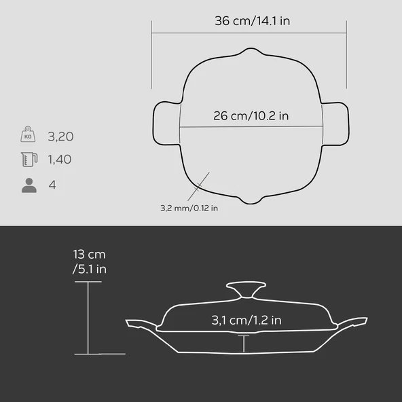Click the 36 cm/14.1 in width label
point(253,21)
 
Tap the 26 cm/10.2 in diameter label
point(251,116)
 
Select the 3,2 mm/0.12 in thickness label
point(189,208)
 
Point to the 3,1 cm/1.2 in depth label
point(246,321)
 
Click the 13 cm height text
point(89,255)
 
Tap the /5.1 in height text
point(89,269)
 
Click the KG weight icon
point(28,134)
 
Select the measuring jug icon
point(29,160)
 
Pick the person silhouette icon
point(29,185)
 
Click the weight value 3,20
point(60,136)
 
